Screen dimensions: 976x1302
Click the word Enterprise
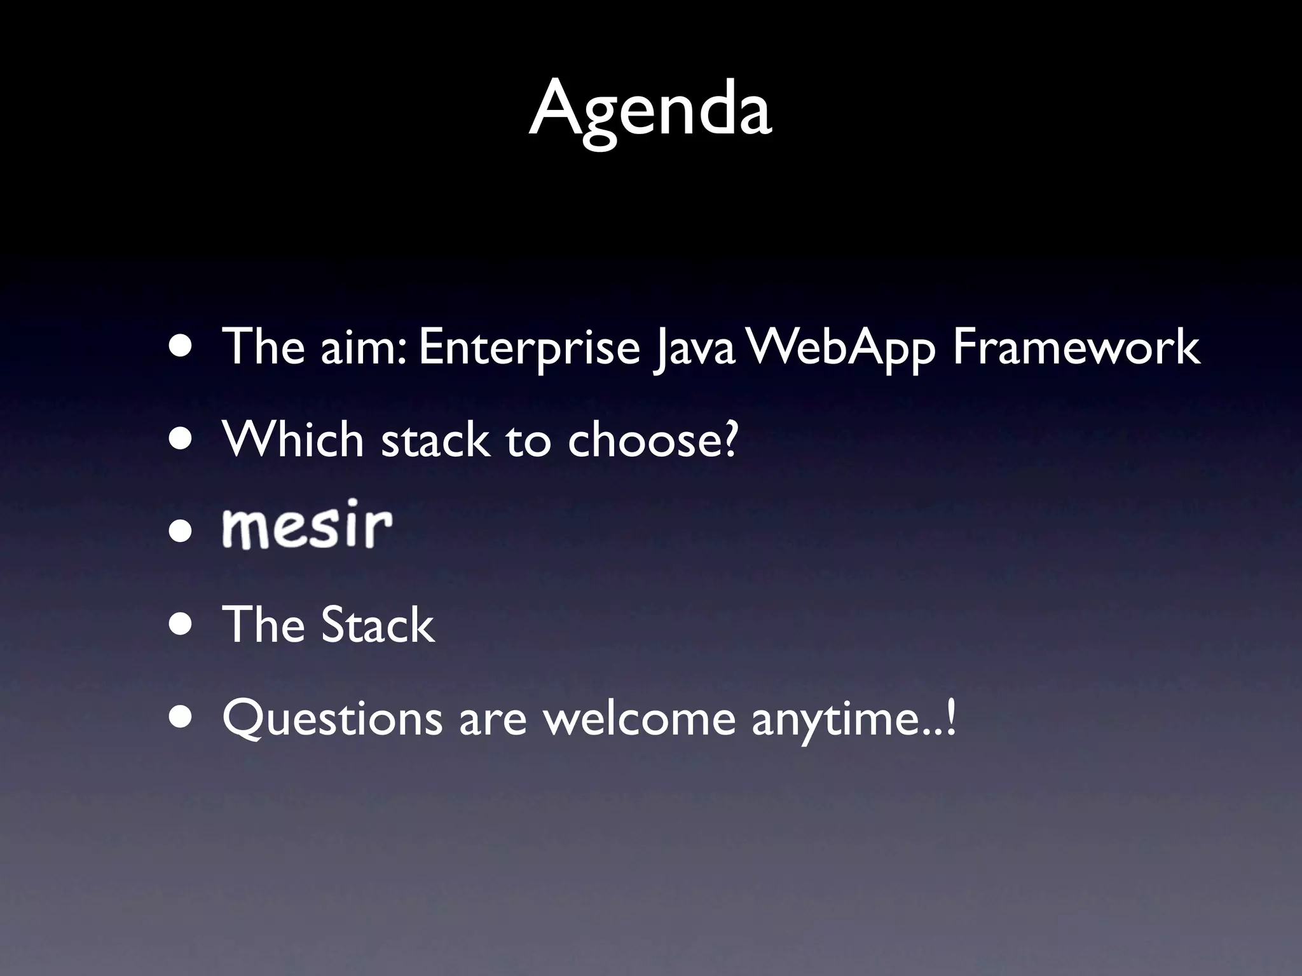tap(529, 348)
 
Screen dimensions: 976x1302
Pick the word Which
tap(293, 440)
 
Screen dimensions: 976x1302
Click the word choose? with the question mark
tap(653, 440)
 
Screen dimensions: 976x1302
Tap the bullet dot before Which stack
tap(182, 439)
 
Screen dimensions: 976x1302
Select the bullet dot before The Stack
tap(182, 624)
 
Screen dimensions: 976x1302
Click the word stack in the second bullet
tap(436, 440)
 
